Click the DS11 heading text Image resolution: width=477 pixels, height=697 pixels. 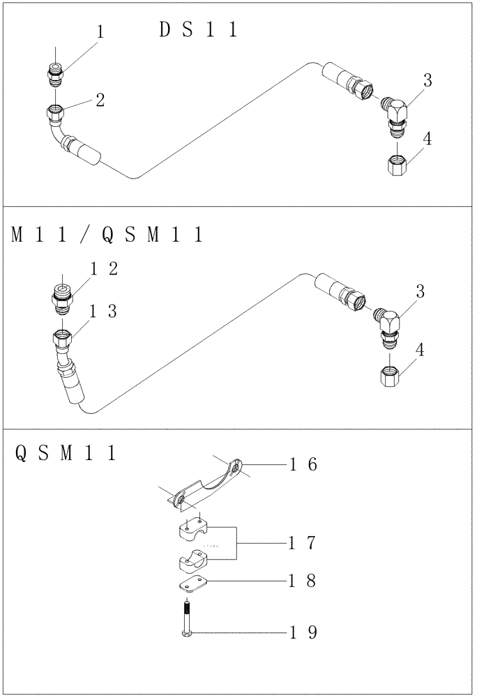tap(198, 30)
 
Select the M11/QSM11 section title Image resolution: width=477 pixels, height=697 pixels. tap(107, 236)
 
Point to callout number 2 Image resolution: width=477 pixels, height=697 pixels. tap(100, 100)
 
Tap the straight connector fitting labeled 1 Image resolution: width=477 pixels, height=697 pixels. tap(56, 73)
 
